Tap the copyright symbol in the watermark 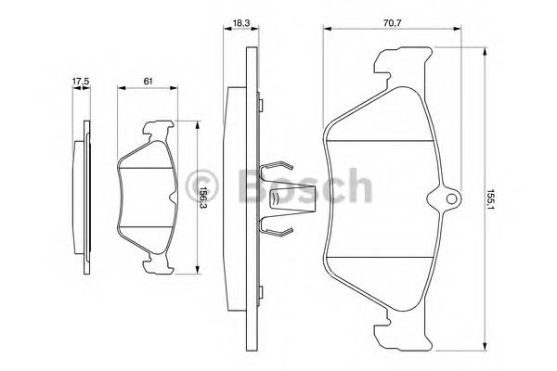[203, 185]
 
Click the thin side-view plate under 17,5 [85, 199]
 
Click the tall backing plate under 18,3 [244, 199]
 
